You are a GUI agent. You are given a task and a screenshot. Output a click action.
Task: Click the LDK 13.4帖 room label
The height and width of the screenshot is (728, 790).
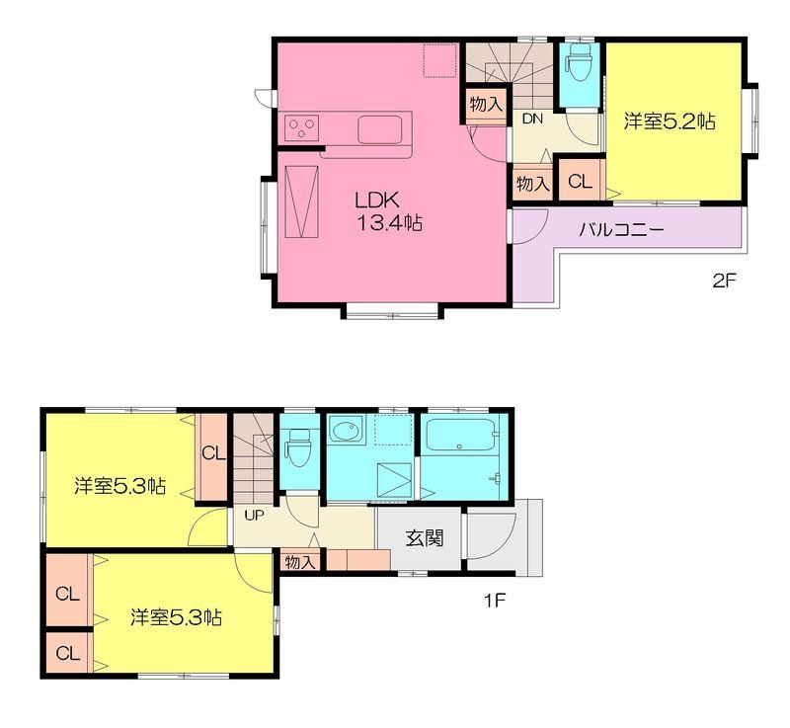click(x=389, y=210)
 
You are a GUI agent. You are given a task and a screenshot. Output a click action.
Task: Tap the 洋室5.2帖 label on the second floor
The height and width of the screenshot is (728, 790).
click(x=669, y=122)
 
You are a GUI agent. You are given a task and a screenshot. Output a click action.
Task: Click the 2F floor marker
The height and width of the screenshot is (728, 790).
click(x=724, y=281)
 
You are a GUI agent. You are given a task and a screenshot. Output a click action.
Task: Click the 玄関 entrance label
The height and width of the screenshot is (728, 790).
click(x=424, y=539)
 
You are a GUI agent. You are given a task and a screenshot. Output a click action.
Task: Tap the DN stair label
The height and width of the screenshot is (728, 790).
click(x=532, y=120)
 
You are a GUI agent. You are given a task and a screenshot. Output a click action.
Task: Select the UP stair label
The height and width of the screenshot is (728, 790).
click(x=253, y=515)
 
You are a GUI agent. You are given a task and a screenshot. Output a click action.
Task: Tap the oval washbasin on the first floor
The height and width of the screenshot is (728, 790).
click(x=345, y=433)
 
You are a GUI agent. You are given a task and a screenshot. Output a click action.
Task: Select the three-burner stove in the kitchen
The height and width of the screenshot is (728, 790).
click(x=301, y=127)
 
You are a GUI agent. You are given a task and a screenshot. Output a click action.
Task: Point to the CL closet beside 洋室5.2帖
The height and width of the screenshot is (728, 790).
click(x=580, y=183)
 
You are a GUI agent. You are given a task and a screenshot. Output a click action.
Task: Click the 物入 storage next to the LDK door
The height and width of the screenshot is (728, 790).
click(x=486, y=104)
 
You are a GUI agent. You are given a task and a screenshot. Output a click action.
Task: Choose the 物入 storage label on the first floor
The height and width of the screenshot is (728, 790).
click(x=299, y=562)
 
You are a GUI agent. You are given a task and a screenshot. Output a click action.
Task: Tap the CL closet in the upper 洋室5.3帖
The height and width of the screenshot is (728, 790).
click(x=212, y=454)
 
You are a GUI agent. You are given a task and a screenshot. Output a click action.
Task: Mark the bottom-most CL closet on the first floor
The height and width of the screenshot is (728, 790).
click(x=67, y=653)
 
